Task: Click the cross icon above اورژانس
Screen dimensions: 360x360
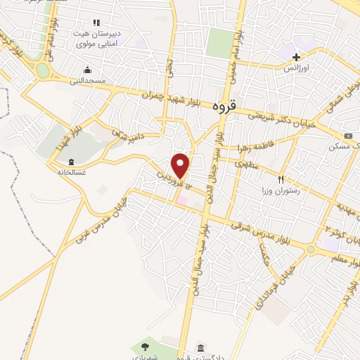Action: (296, 57)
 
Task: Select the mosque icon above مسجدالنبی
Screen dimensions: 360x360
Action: (87, 70)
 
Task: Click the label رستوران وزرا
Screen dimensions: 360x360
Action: (277, 191)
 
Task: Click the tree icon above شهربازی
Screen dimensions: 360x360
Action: (145, 346)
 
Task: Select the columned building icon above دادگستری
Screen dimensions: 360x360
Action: (202, 349)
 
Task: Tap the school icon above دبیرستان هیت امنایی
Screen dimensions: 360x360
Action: (96, 22)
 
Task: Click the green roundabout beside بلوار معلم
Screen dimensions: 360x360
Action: (310, 249)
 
